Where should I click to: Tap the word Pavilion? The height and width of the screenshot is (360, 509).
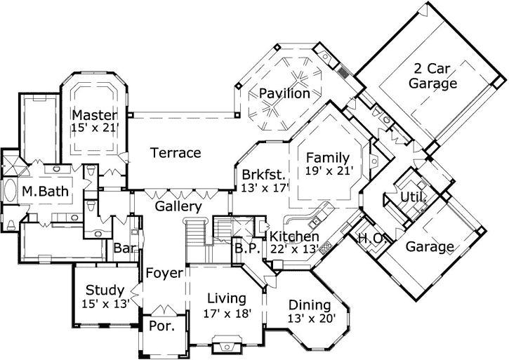[x=284, y=93]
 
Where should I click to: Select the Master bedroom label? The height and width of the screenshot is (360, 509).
[x=94, y=114]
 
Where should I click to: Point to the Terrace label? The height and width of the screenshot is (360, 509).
[x=176, y=152]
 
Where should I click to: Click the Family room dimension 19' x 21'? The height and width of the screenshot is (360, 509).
[x=327, y=170]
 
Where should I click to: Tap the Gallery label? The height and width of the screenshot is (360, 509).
[x=178, y=206]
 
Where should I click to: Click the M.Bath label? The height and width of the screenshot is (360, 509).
[x=39, y=192]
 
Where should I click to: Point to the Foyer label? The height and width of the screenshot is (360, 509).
[x=164, y=272]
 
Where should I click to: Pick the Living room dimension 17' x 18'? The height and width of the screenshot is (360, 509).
[x=226, y=314]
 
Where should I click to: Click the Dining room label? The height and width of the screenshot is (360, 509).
[x=310, y=305]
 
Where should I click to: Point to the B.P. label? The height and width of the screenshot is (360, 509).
[x=247, y=248]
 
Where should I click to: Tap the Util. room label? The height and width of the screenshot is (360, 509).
[x=413, y=198]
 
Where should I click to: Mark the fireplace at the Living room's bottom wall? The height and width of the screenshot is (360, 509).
[x=225, y=346]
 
